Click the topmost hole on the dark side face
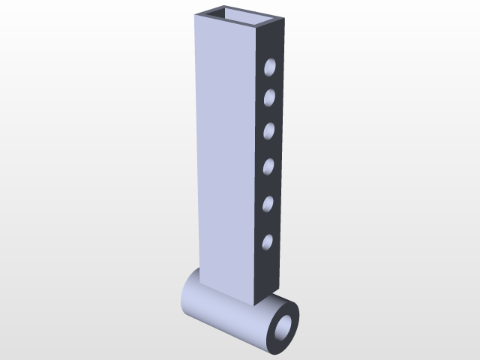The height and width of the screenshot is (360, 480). [270, 69]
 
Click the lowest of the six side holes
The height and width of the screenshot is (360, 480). [267, 241]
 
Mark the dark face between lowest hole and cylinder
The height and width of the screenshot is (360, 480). [268, 274]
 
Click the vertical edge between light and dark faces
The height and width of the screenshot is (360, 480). [256, 165]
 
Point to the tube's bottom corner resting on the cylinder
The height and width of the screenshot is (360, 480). [256, 304]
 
